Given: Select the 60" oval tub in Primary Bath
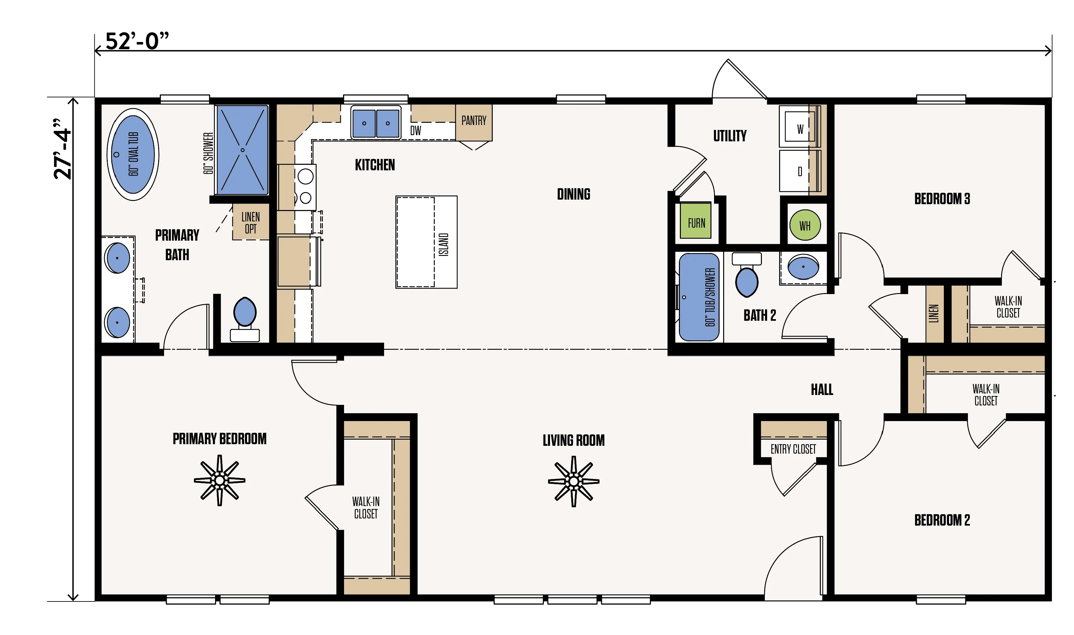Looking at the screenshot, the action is coord(133,154).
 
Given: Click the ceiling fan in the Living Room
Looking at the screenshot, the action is coord(574,481).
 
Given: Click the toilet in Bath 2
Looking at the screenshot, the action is coord(747,275).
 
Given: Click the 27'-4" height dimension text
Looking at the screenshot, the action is coord(62,148).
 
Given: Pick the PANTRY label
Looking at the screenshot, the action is coord(474,121).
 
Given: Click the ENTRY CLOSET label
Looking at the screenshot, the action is coord(793,449).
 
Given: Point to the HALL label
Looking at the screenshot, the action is coord(822,389).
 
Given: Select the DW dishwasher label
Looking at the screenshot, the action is coord(416,131).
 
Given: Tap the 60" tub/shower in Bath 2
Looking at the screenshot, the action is coord(699,297).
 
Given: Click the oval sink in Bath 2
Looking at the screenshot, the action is coord(803,267).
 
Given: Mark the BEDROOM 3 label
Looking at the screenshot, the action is coord(942,199).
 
